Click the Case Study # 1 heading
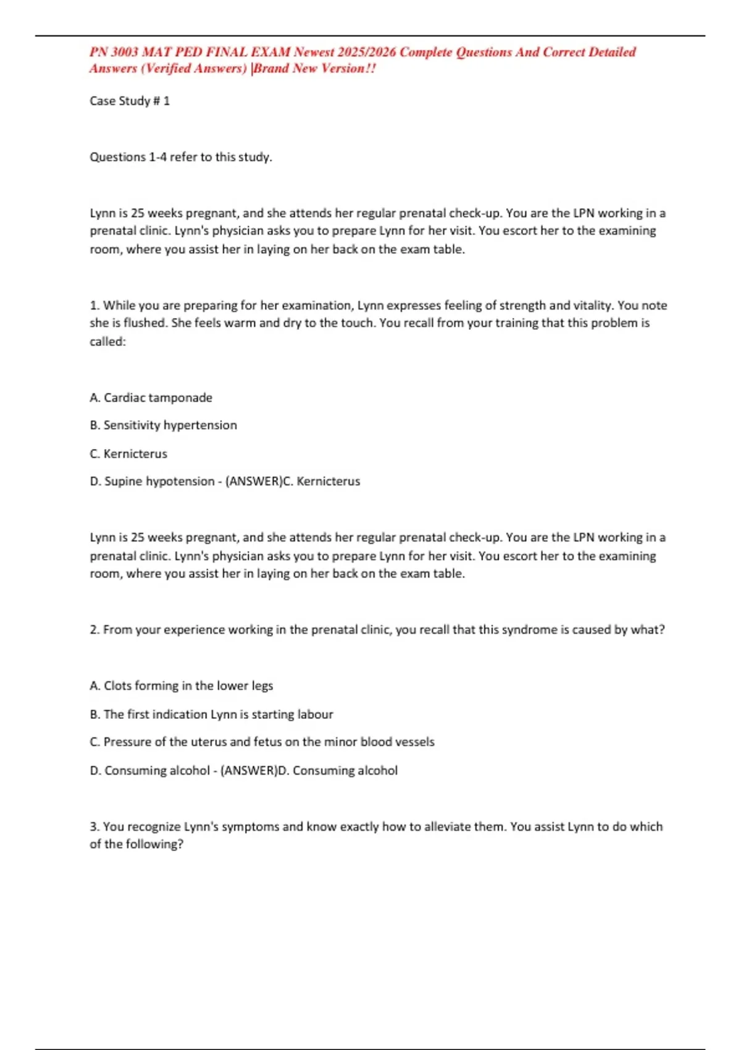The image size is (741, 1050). (x=130, y=101)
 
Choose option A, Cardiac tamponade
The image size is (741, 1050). (x=151, y=398)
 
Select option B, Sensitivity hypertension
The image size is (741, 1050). (x=163, y=425)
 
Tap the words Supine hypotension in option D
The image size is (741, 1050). (x=159, y=481)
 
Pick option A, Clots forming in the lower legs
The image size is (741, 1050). (x=181, y=686)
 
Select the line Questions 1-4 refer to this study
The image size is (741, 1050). (x=181, y=157)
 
